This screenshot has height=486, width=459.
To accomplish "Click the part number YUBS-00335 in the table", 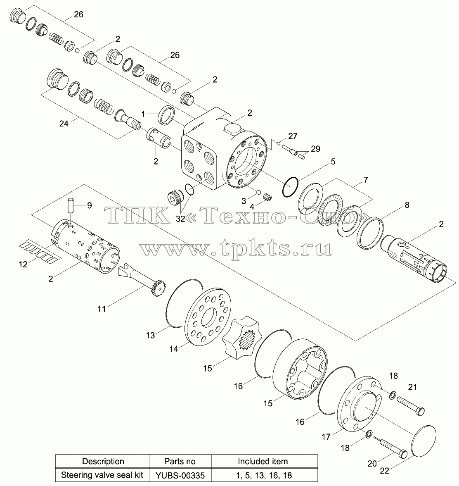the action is pyautogui.click(x=180, y=475).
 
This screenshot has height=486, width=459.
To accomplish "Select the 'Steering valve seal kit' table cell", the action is pyautogui.click(x=102, y=475).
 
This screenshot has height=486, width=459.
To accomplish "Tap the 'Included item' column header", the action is pyautogui.click(x=263, y=461).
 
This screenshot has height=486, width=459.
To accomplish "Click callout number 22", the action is pyautogui.click(x=384, y=470).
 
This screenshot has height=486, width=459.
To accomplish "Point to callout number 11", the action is pyautogui.click(x=102, y=309).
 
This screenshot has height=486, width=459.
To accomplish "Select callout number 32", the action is pyautogui.click(x=180, y=219).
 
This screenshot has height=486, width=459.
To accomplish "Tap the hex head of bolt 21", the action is pyautogui.click(x=420, y=411).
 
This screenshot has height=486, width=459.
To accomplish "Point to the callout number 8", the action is pyautogui.click(x=407, y=205).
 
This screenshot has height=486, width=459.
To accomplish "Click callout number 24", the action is pyautogui.click(x=64, y=123).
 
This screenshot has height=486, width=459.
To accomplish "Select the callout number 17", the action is pyautogui.click(x=326, y=437).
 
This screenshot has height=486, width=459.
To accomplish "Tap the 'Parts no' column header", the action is pyautogui.click(x=180, y=461).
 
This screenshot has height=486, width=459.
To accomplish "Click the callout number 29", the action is pyautogui.click(x=315, y=149).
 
